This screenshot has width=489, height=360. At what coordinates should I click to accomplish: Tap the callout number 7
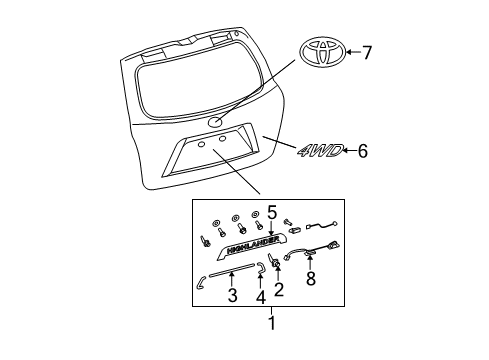368,52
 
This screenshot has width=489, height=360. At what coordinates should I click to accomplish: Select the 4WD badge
320,151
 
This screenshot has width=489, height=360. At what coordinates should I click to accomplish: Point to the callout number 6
363,151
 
